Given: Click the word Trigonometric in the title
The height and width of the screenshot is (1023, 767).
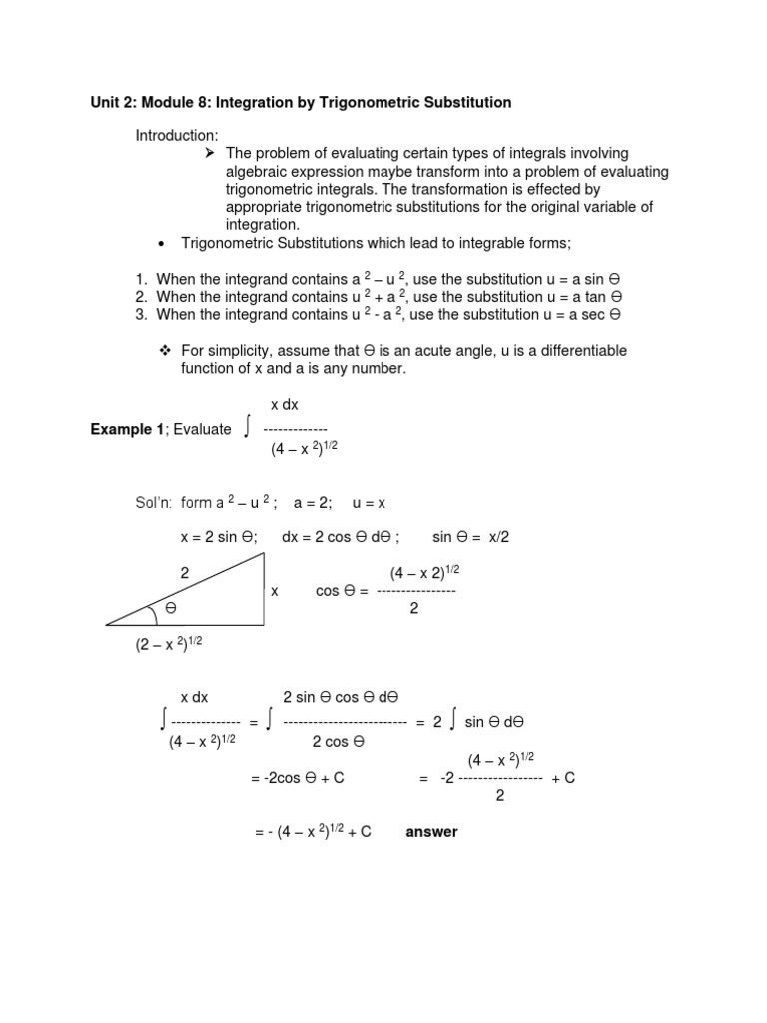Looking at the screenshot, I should pos(379,102).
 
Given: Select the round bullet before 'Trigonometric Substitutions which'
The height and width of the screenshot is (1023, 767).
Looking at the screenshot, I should pos(161,243).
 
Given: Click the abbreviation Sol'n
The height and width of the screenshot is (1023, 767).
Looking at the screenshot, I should pos(157,503).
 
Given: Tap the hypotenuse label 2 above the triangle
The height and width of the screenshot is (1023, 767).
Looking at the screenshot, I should pos(184,573).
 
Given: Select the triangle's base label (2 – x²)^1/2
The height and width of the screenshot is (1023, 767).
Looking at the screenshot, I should pos(169,644).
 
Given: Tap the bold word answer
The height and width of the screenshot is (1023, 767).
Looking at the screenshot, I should pos(431,832).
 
